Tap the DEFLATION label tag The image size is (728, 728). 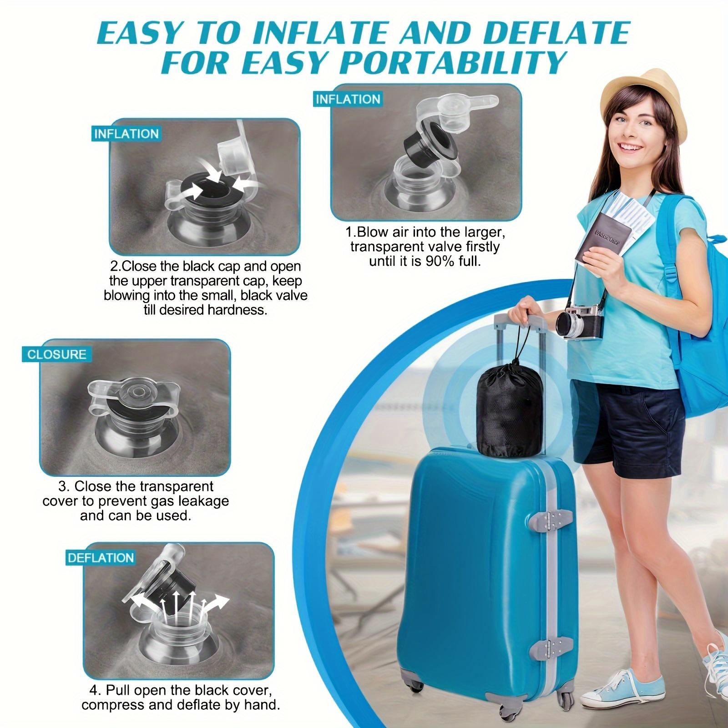click(101, 558)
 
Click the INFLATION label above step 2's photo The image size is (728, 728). click(126, 134)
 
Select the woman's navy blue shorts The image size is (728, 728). click(628, 423)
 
